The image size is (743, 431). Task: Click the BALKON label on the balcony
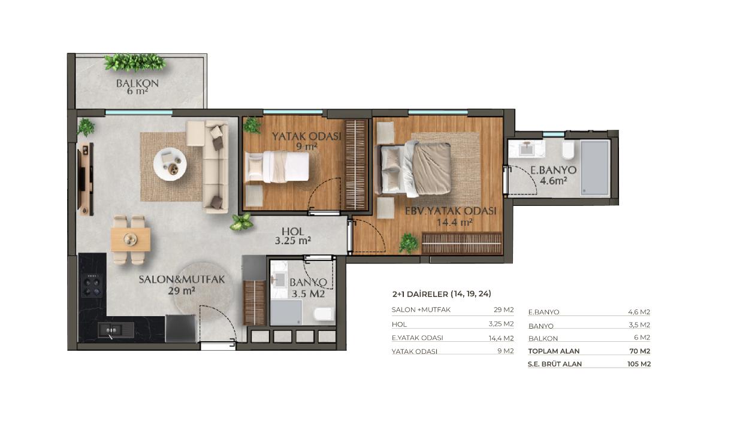pyautogui.click(x=137, y=83)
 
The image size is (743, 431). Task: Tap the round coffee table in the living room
pyautogui.click(x=170, y=164)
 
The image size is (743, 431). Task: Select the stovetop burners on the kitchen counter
pyautogui.click(x=92, y=285)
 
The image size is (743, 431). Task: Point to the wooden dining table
pyautogui.click(x=131, y=239)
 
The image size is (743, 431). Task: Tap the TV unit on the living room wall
pyautogui.click(x=85, y=179)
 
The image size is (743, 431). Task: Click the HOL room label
pyautogui.click(x=292, y=231)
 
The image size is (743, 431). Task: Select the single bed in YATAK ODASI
pyautogui.click(x=277, y=166)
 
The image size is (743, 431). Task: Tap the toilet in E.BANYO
pyautogui.click(x=568, y=151)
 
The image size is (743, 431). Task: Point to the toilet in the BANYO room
pyautogui.click(x=324, y=314)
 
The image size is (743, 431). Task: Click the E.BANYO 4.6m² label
pyautogui.click(x=553, y=175)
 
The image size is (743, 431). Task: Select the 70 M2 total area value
pyautogui.click(x=639, y=351)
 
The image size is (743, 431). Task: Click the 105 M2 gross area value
pyautogui.click(x=639, y=364)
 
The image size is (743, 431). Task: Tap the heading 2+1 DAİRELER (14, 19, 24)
pyautogui.click(x=442, y=294)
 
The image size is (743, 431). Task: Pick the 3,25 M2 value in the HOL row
pyautogui.click(x=501, y=324)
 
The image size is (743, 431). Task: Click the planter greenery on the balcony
pyautogui.click(x=135, y=63)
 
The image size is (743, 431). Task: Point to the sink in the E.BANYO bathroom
pyautogui.click(x=527, y=148)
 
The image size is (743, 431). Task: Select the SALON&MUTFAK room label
pyautogui.click(x=182, y=280)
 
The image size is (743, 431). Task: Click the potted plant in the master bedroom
pyautogui.click(x=408, y=244)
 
